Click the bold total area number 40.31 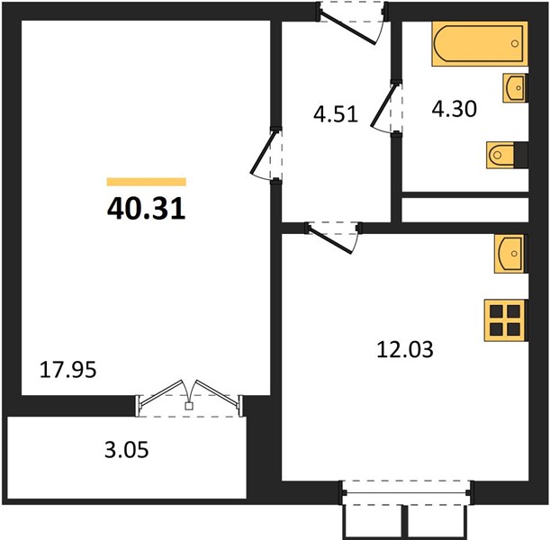point(146,208)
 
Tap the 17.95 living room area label point(68,370)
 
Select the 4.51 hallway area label point(336,114)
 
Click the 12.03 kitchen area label point(405,349)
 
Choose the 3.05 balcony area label point(127,449)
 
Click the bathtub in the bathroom point(480,43)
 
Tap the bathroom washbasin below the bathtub point(515,87)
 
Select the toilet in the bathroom point(507,155)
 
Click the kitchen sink point(510,254)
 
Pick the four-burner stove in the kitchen point(506,320)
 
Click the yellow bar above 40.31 point(146,182)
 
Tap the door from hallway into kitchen point(333,237)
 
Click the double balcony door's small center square point(189,406)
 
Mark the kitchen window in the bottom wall point(407,492)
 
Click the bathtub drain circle point(515,43)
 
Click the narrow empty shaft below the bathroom point(465,210)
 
